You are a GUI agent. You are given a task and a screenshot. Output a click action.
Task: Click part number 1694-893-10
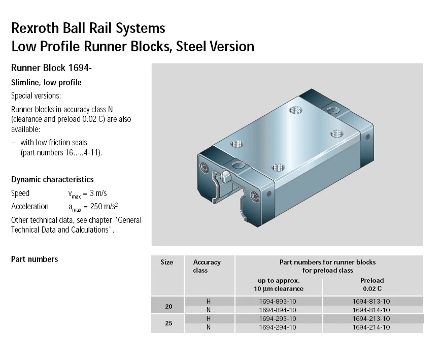(278, 301)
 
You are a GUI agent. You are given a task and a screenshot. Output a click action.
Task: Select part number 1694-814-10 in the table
(371, 310)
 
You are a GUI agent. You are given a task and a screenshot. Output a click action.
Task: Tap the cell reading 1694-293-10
(278, 319)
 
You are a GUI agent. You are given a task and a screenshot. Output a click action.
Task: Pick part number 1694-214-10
(371, 328)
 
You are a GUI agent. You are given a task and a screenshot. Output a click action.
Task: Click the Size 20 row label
(168, 306)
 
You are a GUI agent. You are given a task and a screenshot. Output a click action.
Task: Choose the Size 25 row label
(168, 323)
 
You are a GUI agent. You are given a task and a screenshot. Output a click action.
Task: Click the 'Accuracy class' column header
(207, 266)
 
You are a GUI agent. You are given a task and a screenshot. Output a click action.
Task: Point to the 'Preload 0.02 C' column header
(371, 284)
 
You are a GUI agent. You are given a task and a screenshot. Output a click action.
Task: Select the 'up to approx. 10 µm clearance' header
(278, 284)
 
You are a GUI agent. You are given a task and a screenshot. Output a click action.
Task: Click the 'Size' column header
(166, 263)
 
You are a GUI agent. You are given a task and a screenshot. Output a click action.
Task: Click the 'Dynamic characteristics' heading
(52, 180)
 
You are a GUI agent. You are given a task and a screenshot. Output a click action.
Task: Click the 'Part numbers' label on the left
(35, 259)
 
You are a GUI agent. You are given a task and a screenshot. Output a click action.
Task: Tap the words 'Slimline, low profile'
(46, 83)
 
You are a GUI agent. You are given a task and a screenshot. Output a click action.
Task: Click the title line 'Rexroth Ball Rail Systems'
(88, 27)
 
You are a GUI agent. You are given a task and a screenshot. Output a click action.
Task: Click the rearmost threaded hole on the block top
(295, 110)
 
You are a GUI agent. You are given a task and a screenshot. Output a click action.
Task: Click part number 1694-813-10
(371, 301)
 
